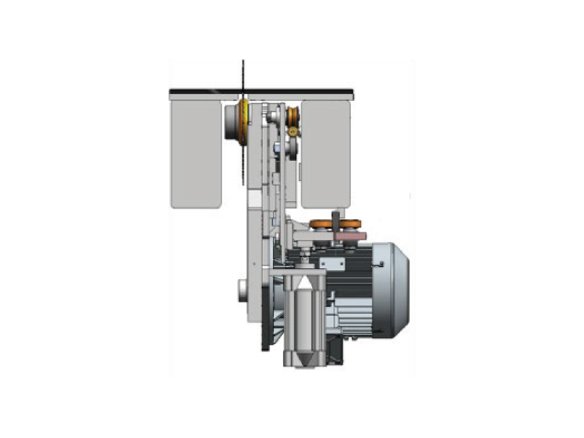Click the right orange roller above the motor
350,224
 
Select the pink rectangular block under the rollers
351,235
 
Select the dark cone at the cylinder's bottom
304,359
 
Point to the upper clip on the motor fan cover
381,264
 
